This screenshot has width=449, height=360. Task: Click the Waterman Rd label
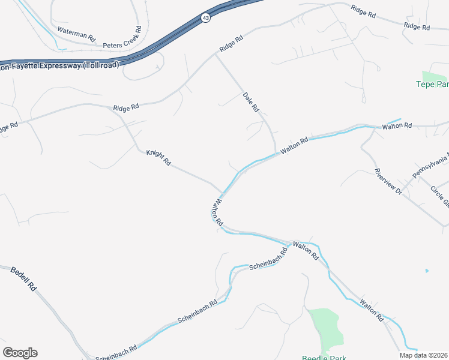76,34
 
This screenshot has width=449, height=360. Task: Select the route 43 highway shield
206,18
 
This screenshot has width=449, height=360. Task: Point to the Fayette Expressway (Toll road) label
60,65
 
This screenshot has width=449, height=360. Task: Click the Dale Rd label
250,102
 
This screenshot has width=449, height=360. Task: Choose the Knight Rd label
158,158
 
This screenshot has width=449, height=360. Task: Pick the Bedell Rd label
24,279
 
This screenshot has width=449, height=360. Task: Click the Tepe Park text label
432,84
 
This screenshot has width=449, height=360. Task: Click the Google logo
20,353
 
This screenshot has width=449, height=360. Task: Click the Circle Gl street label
439,196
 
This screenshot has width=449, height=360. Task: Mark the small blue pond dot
427,271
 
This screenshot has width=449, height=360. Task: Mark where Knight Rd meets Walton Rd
221,193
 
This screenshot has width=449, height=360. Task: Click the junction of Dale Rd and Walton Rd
276,153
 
